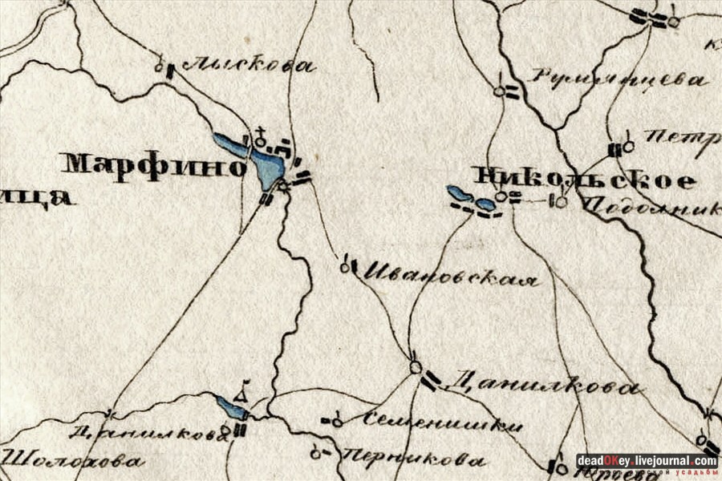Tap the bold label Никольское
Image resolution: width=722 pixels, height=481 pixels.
583,179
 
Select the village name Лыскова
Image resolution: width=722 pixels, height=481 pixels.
248,66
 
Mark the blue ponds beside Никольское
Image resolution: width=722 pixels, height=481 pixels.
471,198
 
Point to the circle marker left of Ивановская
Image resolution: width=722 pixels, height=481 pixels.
345,267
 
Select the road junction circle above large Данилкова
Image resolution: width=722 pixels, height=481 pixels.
415,367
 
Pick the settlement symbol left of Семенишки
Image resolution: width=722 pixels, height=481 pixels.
332,420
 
